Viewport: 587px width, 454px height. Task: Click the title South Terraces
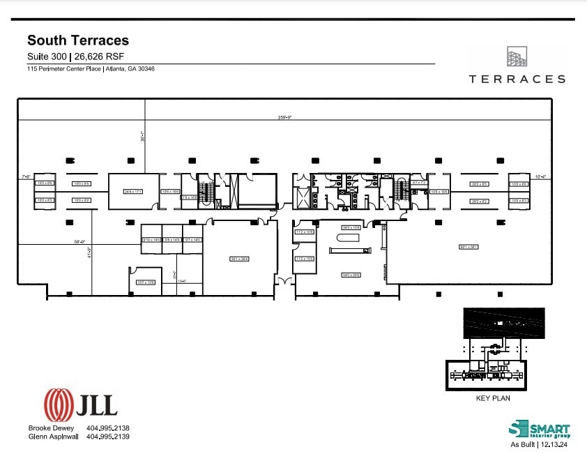[x=77, y=41]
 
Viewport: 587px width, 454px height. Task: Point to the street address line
[x=91, y=69]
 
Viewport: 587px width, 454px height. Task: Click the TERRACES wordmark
[x=517, y=80]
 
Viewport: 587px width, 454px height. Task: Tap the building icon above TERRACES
[x=517, y=56]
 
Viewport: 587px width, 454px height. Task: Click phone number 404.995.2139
[x=108, y=437]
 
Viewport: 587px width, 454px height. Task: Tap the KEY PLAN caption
[x=493, y=399]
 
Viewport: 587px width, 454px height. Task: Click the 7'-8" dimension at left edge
[x=26, y=177]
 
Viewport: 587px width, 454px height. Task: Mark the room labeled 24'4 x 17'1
[x=132, y=191]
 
